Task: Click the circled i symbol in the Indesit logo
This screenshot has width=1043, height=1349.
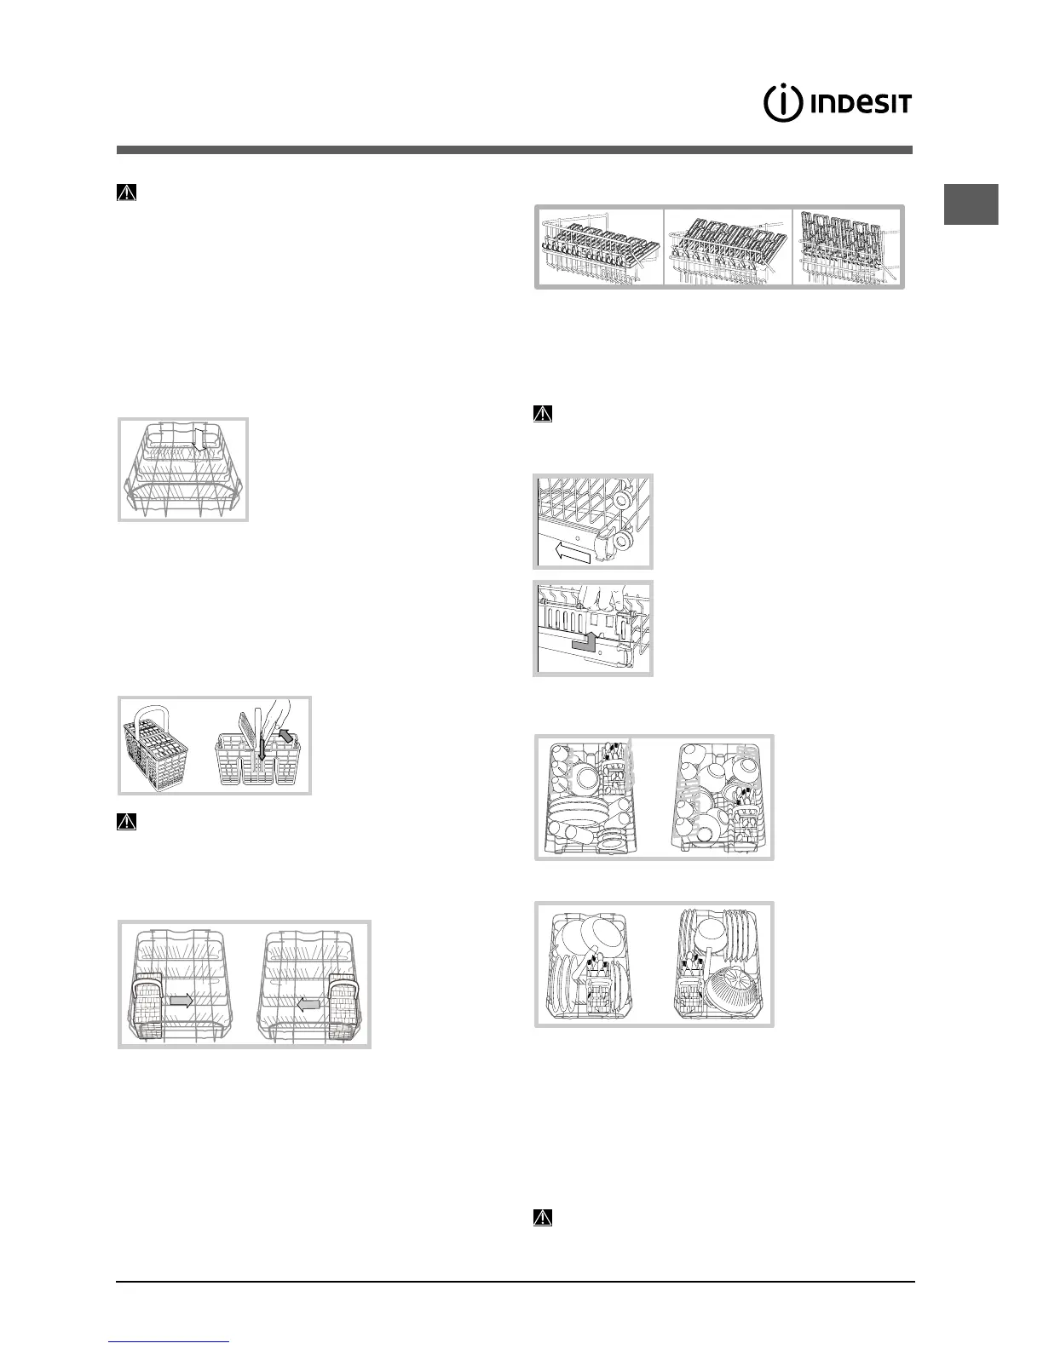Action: click(781, 104)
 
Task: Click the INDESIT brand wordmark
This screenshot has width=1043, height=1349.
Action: click(860, 105)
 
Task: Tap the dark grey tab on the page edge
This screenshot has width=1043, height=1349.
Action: click(972, 205)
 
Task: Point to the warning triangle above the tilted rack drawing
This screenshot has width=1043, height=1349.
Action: click(125, 193)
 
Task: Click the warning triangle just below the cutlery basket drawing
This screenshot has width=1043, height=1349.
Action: click(125, 823)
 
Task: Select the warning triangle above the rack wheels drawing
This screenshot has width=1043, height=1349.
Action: click(542, 415)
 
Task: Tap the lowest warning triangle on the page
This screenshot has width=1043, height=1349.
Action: click(542, 1218)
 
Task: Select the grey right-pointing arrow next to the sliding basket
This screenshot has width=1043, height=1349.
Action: click(180, 1002)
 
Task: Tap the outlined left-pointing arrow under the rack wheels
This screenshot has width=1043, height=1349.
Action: click(572, 554)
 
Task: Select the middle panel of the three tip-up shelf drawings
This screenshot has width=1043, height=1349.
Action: click(728, 246)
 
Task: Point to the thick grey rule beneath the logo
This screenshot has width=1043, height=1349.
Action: click(514, 150)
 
